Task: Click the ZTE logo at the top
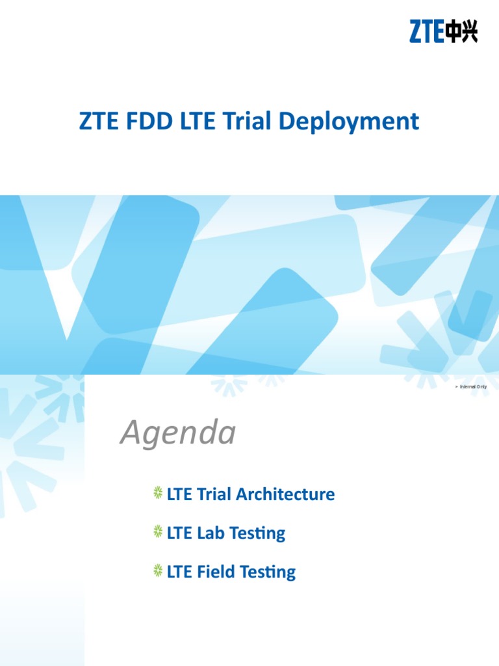pyautogui.click(x=443, y=31)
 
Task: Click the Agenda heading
pyautogui.click(x=177, y=433)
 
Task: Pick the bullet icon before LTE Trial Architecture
pyautogui.click(x=158, y=494)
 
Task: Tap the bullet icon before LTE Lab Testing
pyautogui.click(x=158, y=533)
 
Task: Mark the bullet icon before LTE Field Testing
pyautogui.click(x=158, y=572)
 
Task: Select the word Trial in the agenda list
pyautogui.click(x=214, y=494)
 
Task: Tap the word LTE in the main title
pyautogui.click(x=199, y=122)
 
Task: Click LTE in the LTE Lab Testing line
pyautogui.click(x=179, y=533)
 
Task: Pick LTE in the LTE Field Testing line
pyautogui.click(x=179, y=572)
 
